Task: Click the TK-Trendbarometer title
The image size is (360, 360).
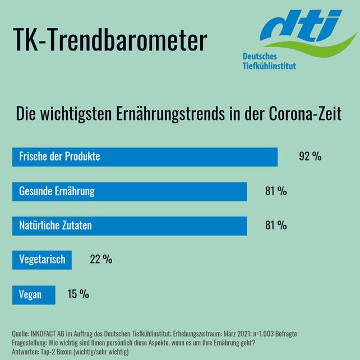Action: tap(109, 41)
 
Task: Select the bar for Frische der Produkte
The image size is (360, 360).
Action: tap(145, 157)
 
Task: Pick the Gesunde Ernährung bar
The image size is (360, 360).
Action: tap(130, 191)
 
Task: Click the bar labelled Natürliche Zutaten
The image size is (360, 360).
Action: tap(130, 226)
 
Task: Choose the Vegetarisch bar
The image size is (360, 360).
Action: tap(43, 260)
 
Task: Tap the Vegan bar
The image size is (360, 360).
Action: tap(34, 295)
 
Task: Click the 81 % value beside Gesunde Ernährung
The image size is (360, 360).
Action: tap(275, 192)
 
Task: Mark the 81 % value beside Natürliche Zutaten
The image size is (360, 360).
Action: tap(275, 226)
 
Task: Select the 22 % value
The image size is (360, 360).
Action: tap(101, 260)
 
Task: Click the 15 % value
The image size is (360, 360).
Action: tap(78, 294)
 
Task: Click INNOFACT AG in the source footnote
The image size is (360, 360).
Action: tap(49, 334)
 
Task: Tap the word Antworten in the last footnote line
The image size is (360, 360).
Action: tap(24, 352)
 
